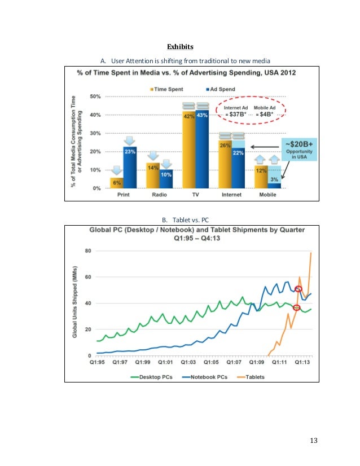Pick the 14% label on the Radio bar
[152, 168]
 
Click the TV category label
[195, 195]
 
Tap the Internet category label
[231, 195]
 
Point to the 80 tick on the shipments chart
[89, 251]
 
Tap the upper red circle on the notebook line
[298, 289]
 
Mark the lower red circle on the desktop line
[296, 307]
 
